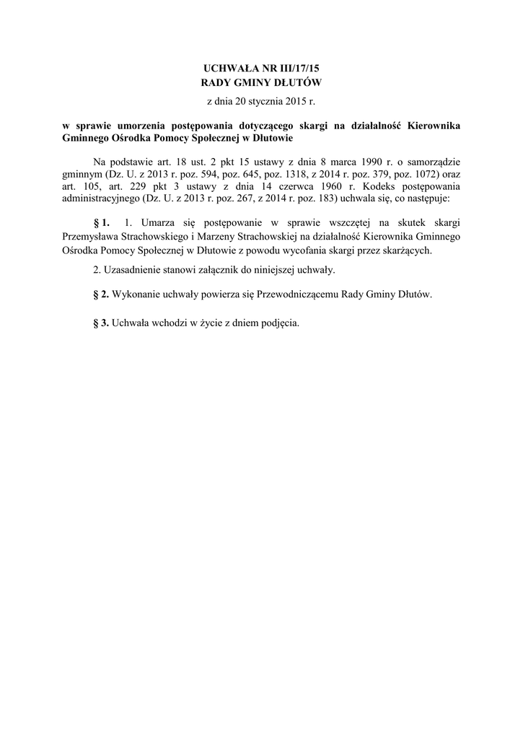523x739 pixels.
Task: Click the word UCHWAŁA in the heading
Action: [x=228, y=68]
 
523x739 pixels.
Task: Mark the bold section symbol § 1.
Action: [x=102, y=222]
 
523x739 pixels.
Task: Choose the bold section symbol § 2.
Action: [x=102, y=295]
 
